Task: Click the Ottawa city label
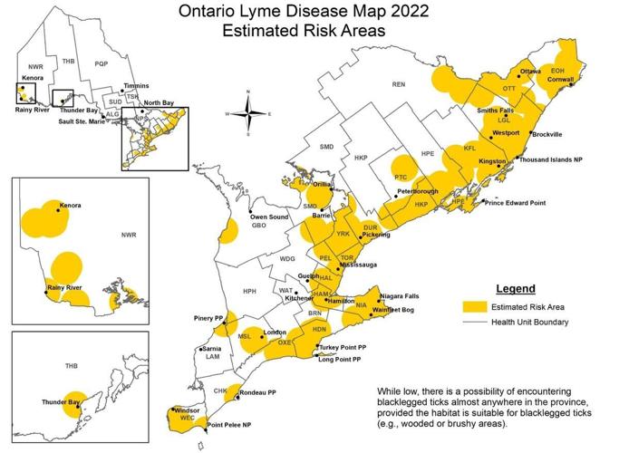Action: coord(529,72)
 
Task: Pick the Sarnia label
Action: coord(212,349)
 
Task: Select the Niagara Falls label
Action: coord(403,296)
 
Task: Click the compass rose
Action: coord(248,113)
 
